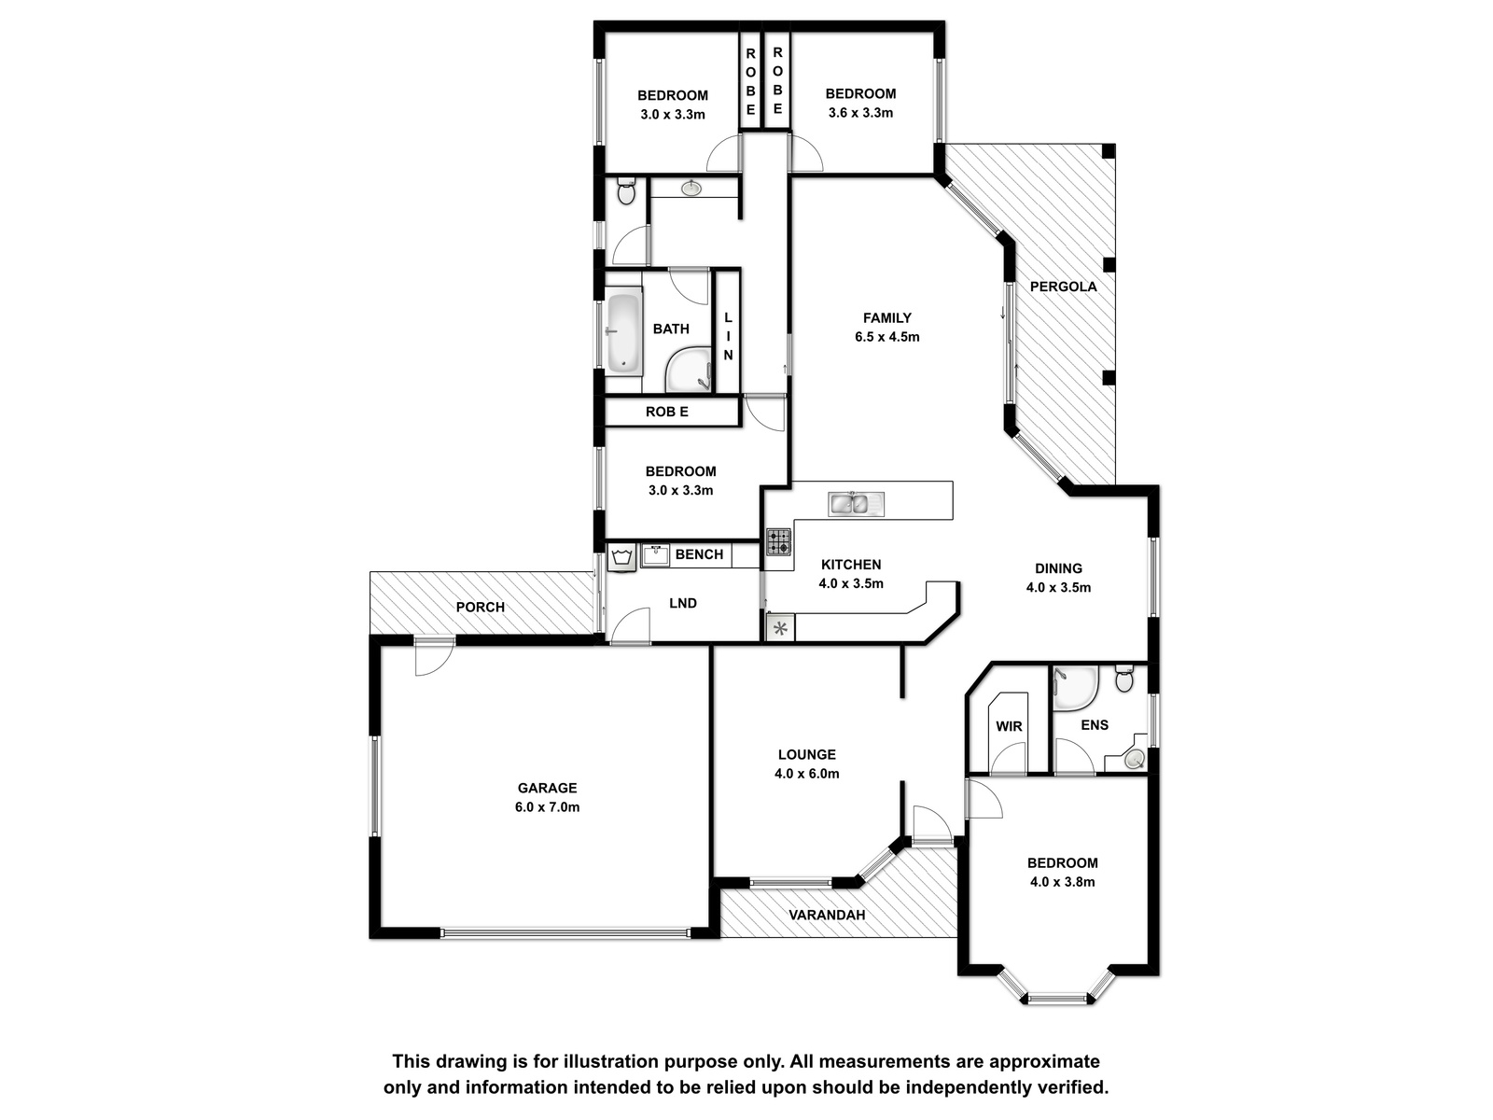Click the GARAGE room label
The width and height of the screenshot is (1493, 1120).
coord(547,788)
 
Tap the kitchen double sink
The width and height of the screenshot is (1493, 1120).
coord(856,504)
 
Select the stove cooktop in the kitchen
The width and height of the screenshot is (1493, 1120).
coord(779,541)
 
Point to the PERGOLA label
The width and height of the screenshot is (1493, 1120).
coord(1063,287)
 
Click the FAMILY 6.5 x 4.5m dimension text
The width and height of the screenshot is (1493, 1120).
coord(887,337)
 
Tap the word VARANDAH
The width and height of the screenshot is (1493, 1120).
coord(827,915)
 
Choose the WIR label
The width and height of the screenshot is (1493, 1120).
coord(1009,726)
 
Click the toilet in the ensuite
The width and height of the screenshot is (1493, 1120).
coord(1124,678)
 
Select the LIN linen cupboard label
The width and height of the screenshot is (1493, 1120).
coord(729,336)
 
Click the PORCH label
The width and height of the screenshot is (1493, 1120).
coord(481,607)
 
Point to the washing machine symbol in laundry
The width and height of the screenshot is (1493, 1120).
coord(621,557)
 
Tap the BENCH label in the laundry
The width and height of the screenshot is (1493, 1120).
coord(699,554)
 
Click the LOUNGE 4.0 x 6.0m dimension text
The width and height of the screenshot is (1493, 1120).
coord(807,773)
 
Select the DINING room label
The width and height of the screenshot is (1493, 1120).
coord(1058,568)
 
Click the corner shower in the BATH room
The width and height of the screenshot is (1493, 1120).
coord(689,371)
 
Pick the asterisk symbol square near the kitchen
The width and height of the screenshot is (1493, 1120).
coord(781,628)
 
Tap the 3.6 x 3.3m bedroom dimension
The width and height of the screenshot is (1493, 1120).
coord(860,113)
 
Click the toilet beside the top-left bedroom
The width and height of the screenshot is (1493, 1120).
coord(626,191)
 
